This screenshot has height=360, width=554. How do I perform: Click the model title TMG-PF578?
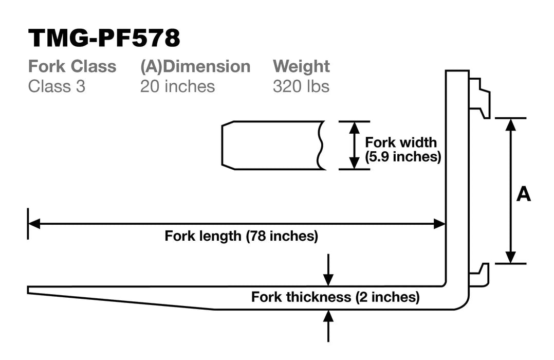pos(104,39)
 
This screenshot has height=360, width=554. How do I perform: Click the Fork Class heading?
pos(72,67)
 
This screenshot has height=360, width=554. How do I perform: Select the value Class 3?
pos(57,86)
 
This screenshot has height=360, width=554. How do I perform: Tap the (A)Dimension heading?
pos(195,67)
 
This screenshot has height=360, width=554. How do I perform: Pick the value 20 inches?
pos(177,86)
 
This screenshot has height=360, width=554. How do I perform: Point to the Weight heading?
pos(301,67)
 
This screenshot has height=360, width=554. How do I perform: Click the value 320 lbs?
pos(301,86)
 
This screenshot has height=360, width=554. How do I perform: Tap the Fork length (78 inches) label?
pos(242,236)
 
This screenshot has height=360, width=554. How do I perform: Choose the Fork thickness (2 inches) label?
pos(335,297)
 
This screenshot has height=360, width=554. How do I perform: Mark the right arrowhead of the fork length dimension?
pos(439,224)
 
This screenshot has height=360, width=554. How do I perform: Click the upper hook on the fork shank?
pos(480,98)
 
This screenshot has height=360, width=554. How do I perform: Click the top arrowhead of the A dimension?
pos(510,124)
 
